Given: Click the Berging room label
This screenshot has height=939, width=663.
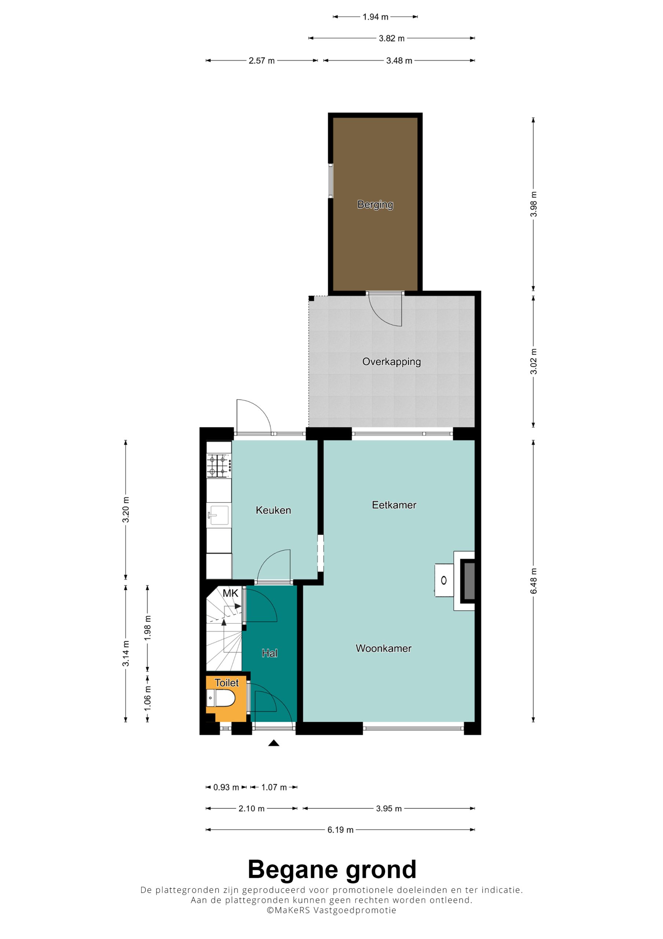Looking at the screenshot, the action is pyautogui.click(x=375, y=204).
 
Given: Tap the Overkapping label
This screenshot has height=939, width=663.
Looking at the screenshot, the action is pyautogui.click(x=391, y=362).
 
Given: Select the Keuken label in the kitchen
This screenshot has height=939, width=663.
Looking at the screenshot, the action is pyautogui.click(x=273, y=510).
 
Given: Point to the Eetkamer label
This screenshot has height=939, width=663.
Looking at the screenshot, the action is pyautogui.click(x=394, y=505).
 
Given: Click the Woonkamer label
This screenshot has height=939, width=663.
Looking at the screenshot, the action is pyautogui.click(x=383, y=648).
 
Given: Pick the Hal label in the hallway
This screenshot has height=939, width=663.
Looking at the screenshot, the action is pyautogui.click(x=269, y=653).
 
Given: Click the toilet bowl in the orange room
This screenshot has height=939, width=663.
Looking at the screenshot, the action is pyautogui.click(x=220, y=698).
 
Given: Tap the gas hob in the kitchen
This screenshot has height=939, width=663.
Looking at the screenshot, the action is pyautogui.click(x=219, y=466).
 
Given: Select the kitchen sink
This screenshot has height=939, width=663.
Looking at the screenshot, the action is pyautogui.click(x=219, y=515).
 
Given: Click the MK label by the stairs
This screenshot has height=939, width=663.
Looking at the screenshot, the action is pyautogui.click(x=230, y=593).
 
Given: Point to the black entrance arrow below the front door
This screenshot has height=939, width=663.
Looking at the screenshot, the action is pyautogui.click(x=273, y=743).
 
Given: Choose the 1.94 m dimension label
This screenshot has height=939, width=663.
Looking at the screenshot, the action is pyautogui.click(x=375, y=17).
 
